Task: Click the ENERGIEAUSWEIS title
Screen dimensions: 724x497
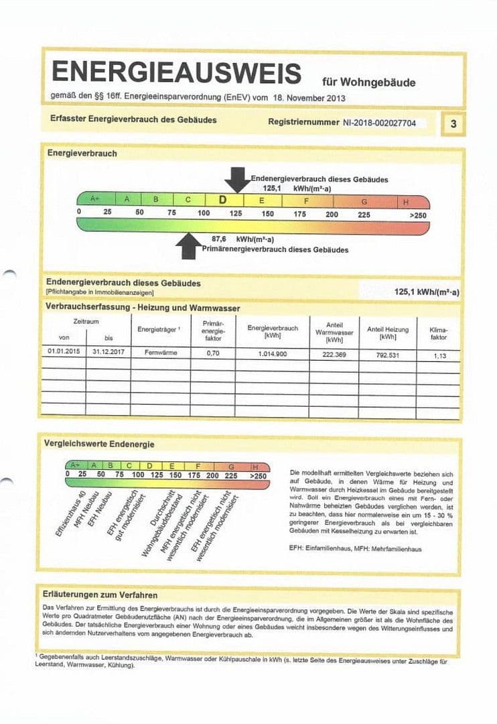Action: click(x=176, y=72)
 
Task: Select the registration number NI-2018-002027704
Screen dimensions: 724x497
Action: click(x=379, y=123)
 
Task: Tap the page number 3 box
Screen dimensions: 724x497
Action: click(x=453, y=124)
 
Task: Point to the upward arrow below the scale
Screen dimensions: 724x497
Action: click(x=188, y=246)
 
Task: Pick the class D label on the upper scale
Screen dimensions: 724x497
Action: click(x=223, y=200)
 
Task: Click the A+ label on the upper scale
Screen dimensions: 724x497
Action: click(x=95, y=199)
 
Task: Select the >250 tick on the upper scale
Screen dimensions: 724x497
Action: click(x=417, y=215)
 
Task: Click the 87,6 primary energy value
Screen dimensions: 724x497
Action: click(x=219, y=239)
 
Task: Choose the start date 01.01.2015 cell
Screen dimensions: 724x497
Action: click(x=64, y=351)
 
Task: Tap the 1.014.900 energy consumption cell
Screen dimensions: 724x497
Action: click(x=272, y=353)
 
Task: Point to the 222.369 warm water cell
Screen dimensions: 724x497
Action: click(x=333, y=354)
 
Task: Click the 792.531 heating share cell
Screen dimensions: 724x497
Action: click(x=388, y=355)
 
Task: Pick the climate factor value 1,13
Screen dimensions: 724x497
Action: click(x=439, y=356)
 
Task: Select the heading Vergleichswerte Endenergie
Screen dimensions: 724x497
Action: click(x=99, y=444)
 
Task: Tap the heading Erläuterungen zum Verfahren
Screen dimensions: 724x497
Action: click(x=100, y=595)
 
